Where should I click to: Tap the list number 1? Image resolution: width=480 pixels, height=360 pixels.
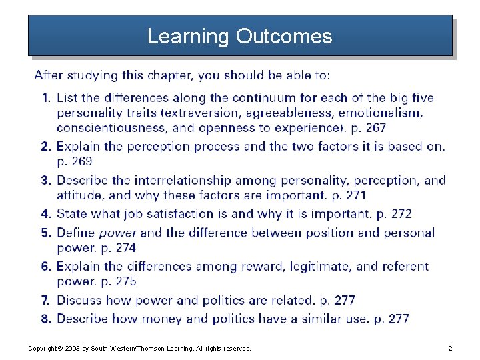click(45, 98)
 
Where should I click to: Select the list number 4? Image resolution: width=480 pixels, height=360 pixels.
click(45, 214)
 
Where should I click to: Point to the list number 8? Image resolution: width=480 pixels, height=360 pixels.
click(45, 319)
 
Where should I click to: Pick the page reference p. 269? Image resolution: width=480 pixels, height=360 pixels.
click(74, 161)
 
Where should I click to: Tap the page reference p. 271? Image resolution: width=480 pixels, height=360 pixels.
click(347, 195)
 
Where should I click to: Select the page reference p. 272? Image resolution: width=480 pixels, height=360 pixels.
click(394, 214)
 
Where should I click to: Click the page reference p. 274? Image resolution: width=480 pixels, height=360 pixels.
click(118, 248)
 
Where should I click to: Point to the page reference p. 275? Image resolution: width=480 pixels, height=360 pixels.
click(118, 282)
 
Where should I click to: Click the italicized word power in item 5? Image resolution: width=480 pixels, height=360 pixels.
click(118, 233)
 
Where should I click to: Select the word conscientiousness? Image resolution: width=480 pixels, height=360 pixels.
click(111, 127)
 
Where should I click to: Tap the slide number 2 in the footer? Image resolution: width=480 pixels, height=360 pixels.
click(451, 349)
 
